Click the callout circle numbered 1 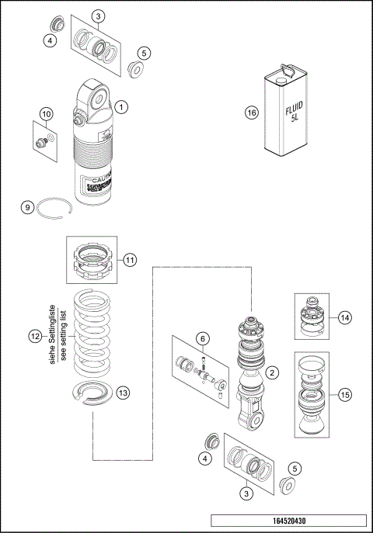pos(123,106)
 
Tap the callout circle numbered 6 pos(201,338)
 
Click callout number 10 pos(46,115)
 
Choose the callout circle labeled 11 pos(129,259)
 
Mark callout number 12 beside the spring pos(33,337)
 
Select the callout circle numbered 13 pos(123,393)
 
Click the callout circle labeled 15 pos(345,394)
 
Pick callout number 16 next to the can pos(251,112)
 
